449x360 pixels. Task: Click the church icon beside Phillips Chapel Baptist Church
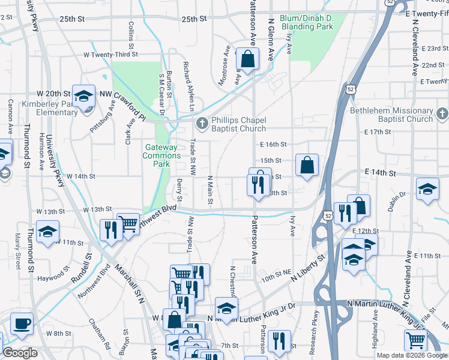point(202,124)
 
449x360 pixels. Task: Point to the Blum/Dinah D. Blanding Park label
point(300,22)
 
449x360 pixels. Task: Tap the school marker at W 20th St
point(83,95)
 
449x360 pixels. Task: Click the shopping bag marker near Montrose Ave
point(247,59)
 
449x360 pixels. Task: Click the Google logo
point(20,353)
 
